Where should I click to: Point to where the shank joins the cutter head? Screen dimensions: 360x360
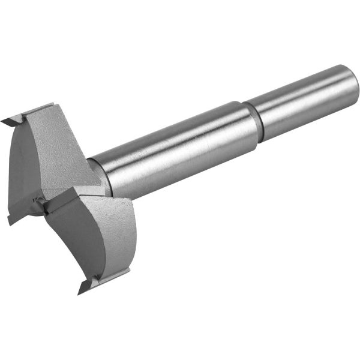pyautogui.click(x=99, y=174)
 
